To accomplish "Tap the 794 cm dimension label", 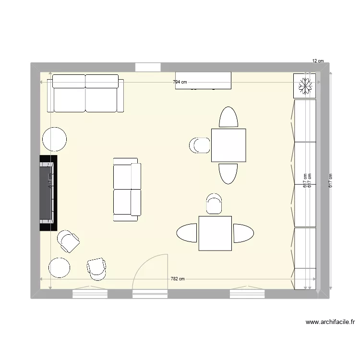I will [x=180, y=82].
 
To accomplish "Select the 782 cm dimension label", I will [x=178, y=279].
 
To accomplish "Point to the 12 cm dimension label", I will [x=318, y=61].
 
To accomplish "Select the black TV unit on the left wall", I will [x=48, y=192].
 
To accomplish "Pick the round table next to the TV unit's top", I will [x=55, y=140].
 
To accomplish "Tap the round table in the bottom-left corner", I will [x=60, y=268].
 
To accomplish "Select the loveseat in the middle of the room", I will [x=127, y=189].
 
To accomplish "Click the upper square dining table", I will [x=228, y=145].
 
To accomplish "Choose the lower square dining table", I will [x=216, y=233].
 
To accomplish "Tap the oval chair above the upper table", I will [x=228, y=117].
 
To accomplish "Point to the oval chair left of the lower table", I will [x=187, y=234].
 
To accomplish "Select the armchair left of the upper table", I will [x=200, y=145].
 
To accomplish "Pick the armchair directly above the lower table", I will [x=214, y=204].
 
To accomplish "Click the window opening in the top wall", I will [x=147, y=68].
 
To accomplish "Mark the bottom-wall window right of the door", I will [x=247, y=293].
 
